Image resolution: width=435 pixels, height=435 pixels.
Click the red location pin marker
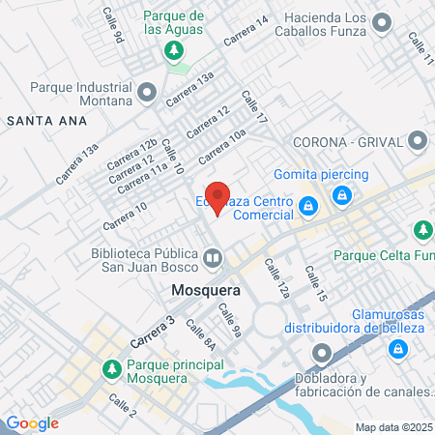218,197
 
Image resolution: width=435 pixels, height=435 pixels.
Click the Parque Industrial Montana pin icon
147,93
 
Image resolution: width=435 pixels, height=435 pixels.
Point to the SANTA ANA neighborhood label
46,121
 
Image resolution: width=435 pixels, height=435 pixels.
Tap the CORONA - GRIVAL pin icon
418,140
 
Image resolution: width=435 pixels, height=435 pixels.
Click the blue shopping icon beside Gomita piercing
341,194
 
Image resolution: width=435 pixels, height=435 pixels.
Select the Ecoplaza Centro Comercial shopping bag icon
307,206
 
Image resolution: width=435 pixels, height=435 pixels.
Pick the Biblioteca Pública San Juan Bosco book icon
212,258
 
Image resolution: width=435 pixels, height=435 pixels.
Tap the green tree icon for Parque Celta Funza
421,230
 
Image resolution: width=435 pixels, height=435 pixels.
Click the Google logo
32,422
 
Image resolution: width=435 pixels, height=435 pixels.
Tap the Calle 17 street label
254,107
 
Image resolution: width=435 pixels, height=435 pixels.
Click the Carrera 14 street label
246,35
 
